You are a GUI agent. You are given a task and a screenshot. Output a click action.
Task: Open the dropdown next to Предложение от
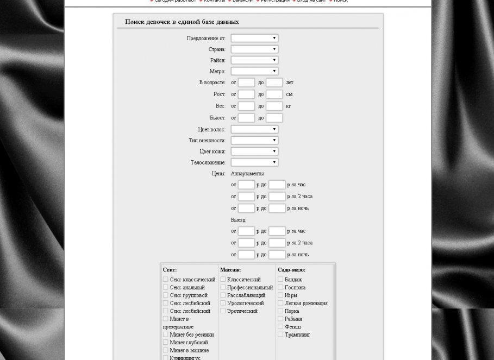tap(254, 38)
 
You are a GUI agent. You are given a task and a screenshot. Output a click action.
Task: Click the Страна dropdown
tap(254, 49)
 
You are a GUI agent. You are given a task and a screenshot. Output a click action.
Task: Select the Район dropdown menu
tap(254, 60)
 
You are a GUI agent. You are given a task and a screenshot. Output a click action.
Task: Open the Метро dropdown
tap(254, 71)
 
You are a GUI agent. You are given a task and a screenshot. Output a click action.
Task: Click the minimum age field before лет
tap(246, 83)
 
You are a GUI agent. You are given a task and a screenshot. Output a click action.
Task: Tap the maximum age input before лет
tap(274, 83)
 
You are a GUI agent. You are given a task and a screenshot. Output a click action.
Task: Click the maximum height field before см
tap(274, 94)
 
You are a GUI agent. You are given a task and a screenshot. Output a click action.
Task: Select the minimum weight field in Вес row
tap(246, 106)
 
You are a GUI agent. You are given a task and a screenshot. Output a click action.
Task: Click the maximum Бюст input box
tap(274, 118)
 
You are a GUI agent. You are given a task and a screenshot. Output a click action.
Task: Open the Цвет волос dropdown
tap(254, 129)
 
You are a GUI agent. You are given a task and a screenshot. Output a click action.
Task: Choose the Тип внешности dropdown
tap(254, 140)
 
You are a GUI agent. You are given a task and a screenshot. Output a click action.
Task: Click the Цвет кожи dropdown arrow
tap(274, 151)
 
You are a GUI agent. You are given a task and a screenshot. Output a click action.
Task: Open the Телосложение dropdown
tap(254, 162)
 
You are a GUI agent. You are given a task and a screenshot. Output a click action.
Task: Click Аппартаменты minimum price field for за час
tap(246, 185)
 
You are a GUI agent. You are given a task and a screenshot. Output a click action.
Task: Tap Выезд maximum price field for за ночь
tap(277, 254)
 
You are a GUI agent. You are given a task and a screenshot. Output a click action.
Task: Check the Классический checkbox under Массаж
tap(223, 279)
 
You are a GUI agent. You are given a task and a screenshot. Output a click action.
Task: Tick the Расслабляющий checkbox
tap(223, 295)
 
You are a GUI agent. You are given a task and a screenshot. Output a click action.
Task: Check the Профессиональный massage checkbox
tap(223, 287)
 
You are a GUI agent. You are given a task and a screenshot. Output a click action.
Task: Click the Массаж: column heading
tap(230, 270)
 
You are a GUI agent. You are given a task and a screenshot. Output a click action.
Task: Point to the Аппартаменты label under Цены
tap(247, 174)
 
